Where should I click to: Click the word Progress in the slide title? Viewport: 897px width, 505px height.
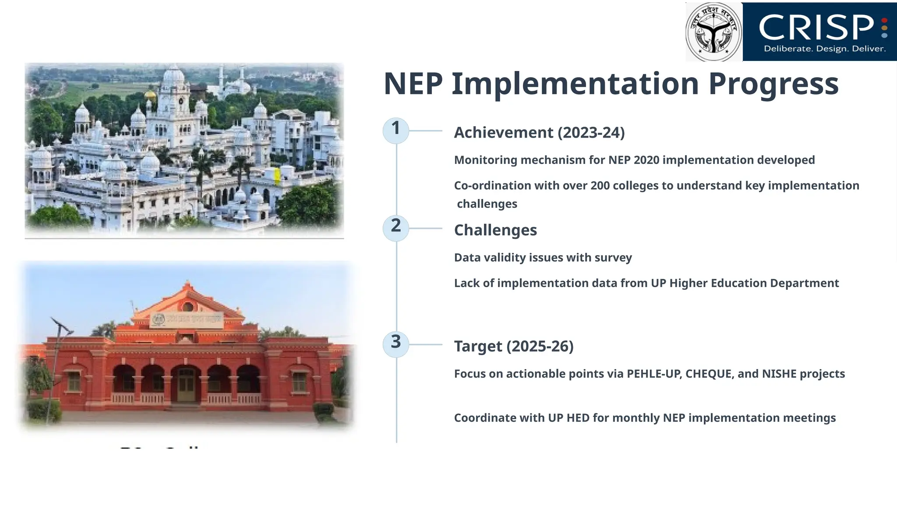(773, 84)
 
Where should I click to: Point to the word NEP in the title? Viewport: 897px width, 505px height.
(413, 84)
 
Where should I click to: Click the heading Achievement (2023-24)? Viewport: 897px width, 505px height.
(539, 132)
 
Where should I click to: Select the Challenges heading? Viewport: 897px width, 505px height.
(495, 230)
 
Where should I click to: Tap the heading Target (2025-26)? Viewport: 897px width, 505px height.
(514, 346)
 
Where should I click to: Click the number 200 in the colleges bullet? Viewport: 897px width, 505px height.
(600, 186)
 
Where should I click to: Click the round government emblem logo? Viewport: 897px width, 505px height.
(713, 32)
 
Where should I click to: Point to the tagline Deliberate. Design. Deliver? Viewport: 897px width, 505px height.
(825, 49)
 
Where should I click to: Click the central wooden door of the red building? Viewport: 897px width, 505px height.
(186, 386)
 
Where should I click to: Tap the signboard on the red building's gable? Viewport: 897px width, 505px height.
(187, 320)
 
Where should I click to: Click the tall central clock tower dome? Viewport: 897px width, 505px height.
(173, 77)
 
